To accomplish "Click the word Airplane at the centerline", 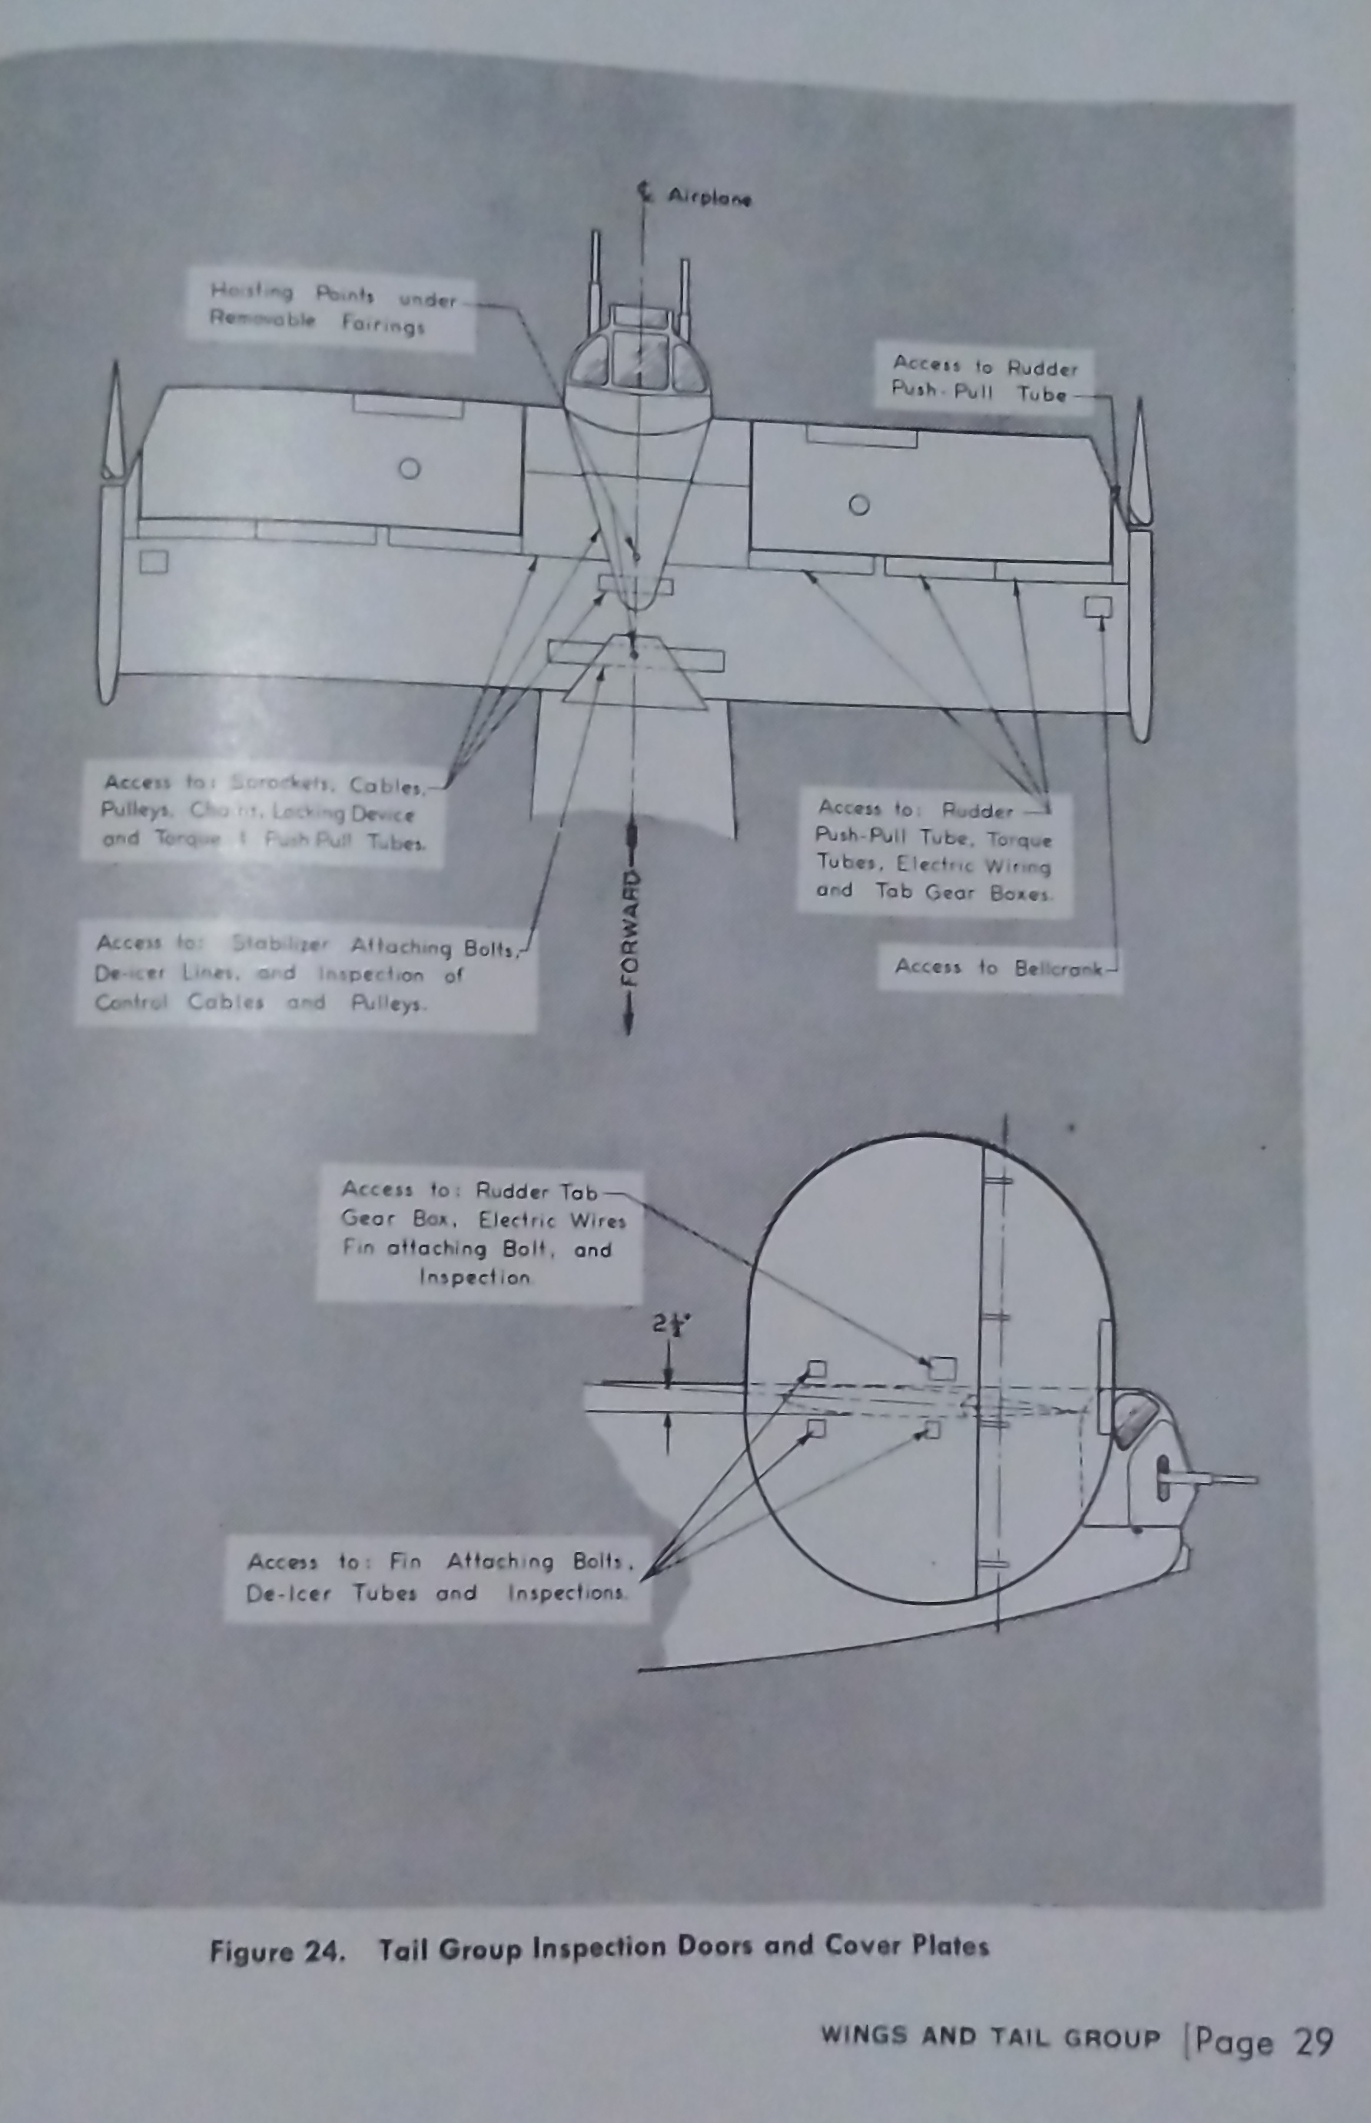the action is (709, 198).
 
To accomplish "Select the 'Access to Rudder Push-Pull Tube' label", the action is (984, 379).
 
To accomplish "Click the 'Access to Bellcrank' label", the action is (998, 967).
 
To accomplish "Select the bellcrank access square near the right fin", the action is (1098, 606).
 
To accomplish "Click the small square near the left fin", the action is (153, 561).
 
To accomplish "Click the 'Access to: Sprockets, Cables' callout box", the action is (261, 812).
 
